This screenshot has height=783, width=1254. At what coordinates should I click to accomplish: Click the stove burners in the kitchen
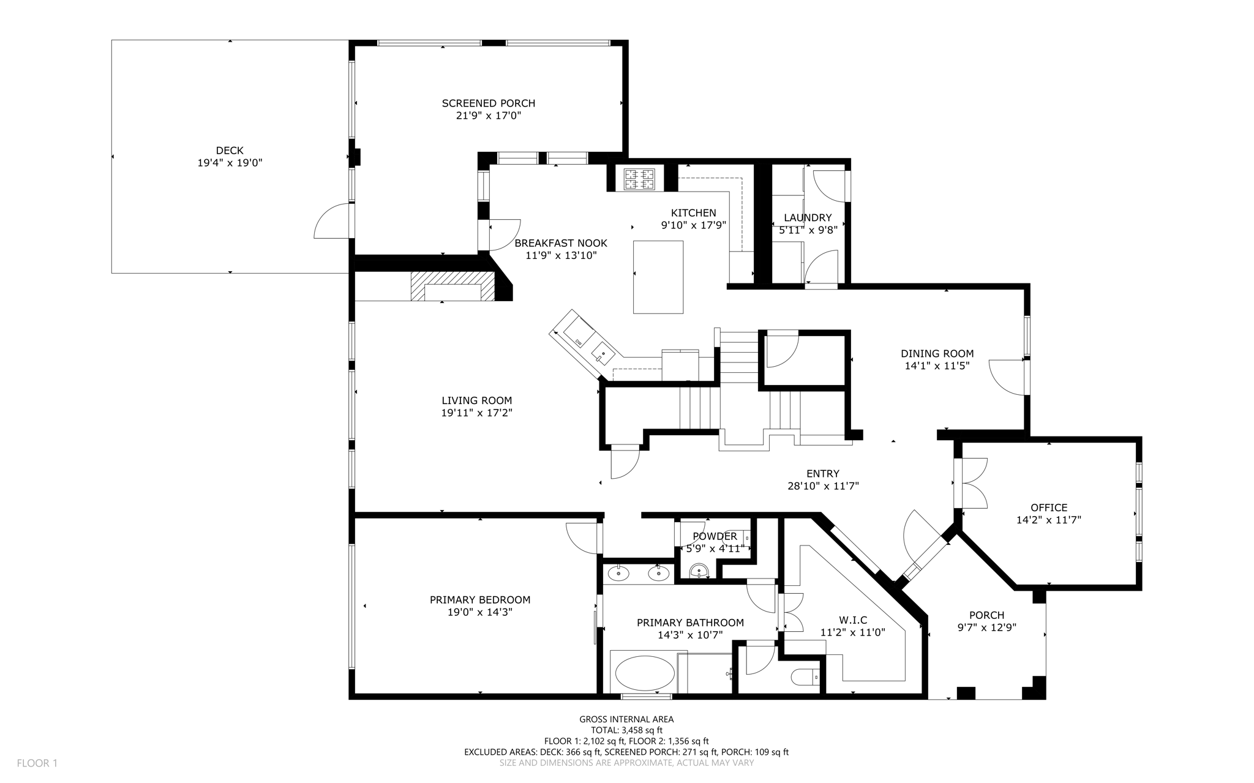coord(639,179)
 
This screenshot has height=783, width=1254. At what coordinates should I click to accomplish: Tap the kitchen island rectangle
coord(658,277)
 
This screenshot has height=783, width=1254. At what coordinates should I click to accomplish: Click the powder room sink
coord(699,572)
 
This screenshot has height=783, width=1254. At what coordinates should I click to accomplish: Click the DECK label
coord(230,150)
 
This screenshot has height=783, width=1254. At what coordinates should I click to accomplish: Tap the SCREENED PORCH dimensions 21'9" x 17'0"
coord(489,116)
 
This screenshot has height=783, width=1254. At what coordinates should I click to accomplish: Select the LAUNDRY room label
coord(808,217)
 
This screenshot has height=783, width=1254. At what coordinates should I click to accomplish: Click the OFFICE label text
coord(1049,508)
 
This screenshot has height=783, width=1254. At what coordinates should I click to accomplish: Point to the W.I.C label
coord(852,620)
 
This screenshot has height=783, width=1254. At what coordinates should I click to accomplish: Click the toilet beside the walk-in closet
coord(805,678)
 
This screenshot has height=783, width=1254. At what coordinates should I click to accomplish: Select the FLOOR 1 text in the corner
coord(37,763)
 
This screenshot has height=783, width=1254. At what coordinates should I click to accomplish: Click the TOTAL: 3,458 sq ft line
coord(626,730)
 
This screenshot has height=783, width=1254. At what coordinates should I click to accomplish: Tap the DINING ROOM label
coord(937,353)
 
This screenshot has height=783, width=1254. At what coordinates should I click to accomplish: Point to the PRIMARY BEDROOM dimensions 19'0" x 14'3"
coord(479,612)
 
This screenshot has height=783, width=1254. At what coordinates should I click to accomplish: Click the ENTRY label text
coord(823,473)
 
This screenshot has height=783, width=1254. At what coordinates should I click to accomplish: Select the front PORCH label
coord(986,615)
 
